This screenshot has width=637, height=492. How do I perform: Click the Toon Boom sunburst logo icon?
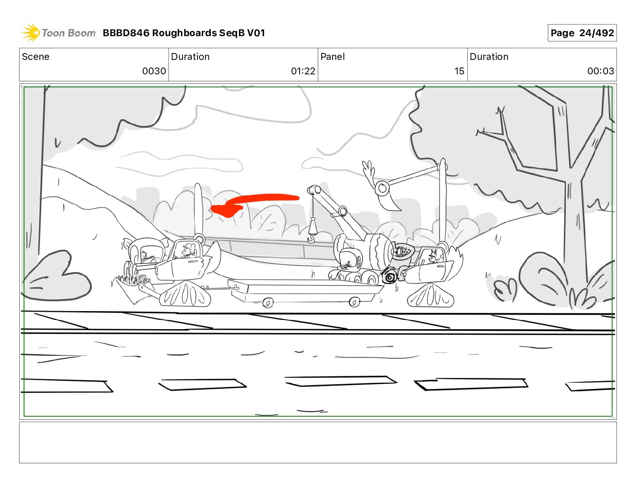tap(30, 33)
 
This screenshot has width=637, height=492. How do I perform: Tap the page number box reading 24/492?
tap(582, 33)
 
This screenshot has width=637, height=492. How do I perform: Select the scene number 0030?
tap(154, 71)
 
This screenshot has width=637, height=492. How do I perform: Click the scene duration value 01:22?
tap(303, 71)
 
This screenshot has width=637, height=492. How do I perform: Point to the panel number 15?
tap(459, 71)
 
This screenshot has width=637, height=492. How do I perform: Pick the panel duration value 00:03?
tap(600, 71)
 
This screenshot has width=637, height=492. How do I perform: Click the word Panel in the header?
tap(333, 57)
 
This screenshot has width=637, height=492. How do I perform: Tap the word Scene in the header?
tap(35, 57)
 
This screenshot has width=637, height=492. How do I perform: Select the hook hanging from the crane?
tap(311, 238)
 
